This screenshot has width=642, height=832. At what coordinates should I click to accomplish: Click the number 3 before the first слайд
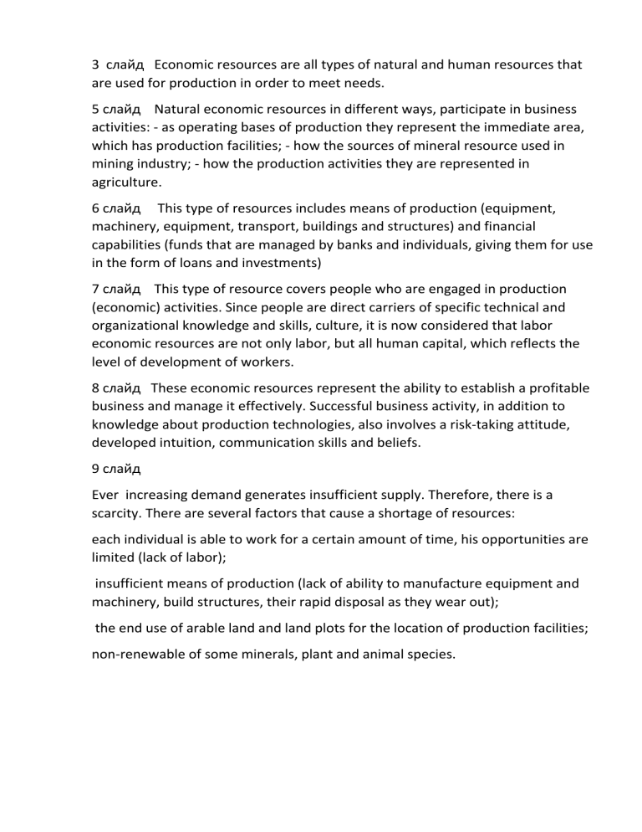[x=96, y=64]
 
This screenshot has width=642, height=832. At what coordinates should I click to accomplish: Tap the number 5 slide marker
[x=96, y=109]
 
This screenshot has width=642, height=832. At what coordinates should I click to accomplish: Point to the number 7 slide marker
[x=96, y=290]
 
